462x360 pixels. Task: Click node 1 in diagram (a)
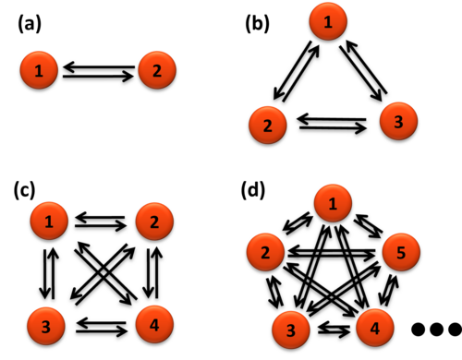[x=39, y=70]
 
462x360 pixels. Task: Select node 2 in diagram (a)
[x=157, y=70]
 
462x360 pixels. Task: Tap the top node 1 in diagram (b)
[x=328, y=21]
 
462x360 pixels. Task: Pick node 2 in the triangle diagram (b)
[x=268, y=125]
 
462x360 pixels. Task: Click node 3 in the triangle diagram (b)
[x=398, y=121]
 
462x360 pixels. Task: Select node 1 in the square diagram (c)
[x=49, y=221]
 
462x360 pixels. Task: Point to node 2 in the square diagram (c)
[x=154, y=222]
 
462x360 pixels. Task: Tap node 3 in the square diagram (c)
[x=46, y=326]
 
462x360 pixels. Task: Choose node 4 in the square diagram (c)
[x=154, y=324]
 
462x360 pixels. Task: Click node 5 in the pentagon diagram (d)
[x=401, y=252]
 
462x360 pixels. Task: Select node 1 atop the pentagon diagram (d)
[x=333, y=203]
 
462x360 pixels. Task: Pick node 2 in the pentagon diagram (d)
[x=265, y=252]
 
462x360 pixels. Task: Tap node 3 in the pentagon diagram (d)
[x=291, y=330]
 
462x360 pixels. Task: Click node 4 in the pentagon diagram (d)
[x=375, y=328]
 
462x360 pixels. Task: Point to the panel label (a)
[x=30, y=24]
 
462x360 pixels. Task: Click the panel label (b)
[x=257, y=24]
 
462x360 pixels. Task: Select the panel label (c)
[x=24, y=190]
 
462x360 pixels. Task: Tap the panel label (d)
[x=252, y=190]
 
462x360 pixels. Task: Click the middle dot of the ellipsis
[x=436, y=329]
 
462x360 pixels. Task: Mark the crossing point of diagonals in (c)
[x=103, y=272]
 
